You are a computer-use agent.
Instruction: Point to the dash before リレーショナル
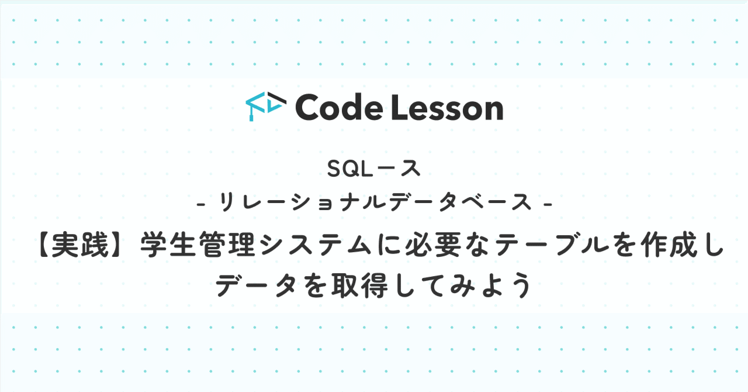click(x=202, y=204)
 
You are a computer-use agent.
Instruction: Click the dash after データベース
click(x=548, y=204)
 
